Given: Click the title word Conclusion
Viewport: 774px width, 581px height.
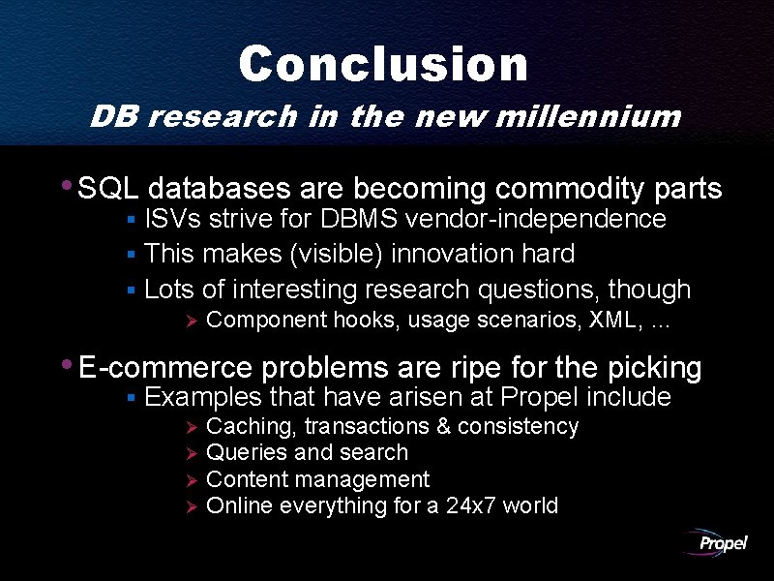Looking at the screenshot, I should tap(383, 65).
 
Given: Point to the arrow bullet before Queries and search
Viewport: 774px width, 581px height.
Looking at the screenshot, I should tap(192, 453).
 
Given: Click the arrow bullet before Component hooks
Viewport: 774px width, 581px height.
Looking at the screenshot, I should tap(192, 321).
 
